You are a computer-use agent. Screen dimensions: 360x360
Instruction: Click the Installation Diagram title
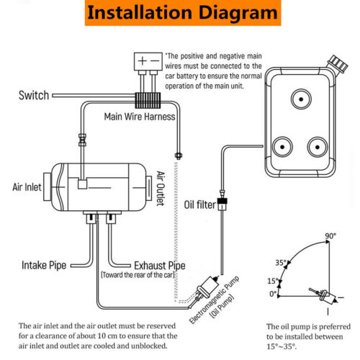(x=181, y=13)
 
